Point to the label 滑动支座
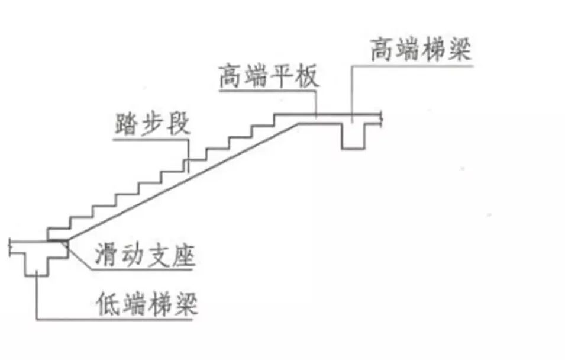click(x=144, y=256)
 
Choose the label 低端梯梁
click(x=146, y=305)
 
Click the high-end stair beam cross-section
click(x=354, y=135)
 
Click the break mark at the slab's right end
click(x=383, y=119)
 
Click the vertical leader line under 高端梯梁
click(x=353, y=89)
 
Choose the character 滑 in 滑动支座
click(x=106, y=256)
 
